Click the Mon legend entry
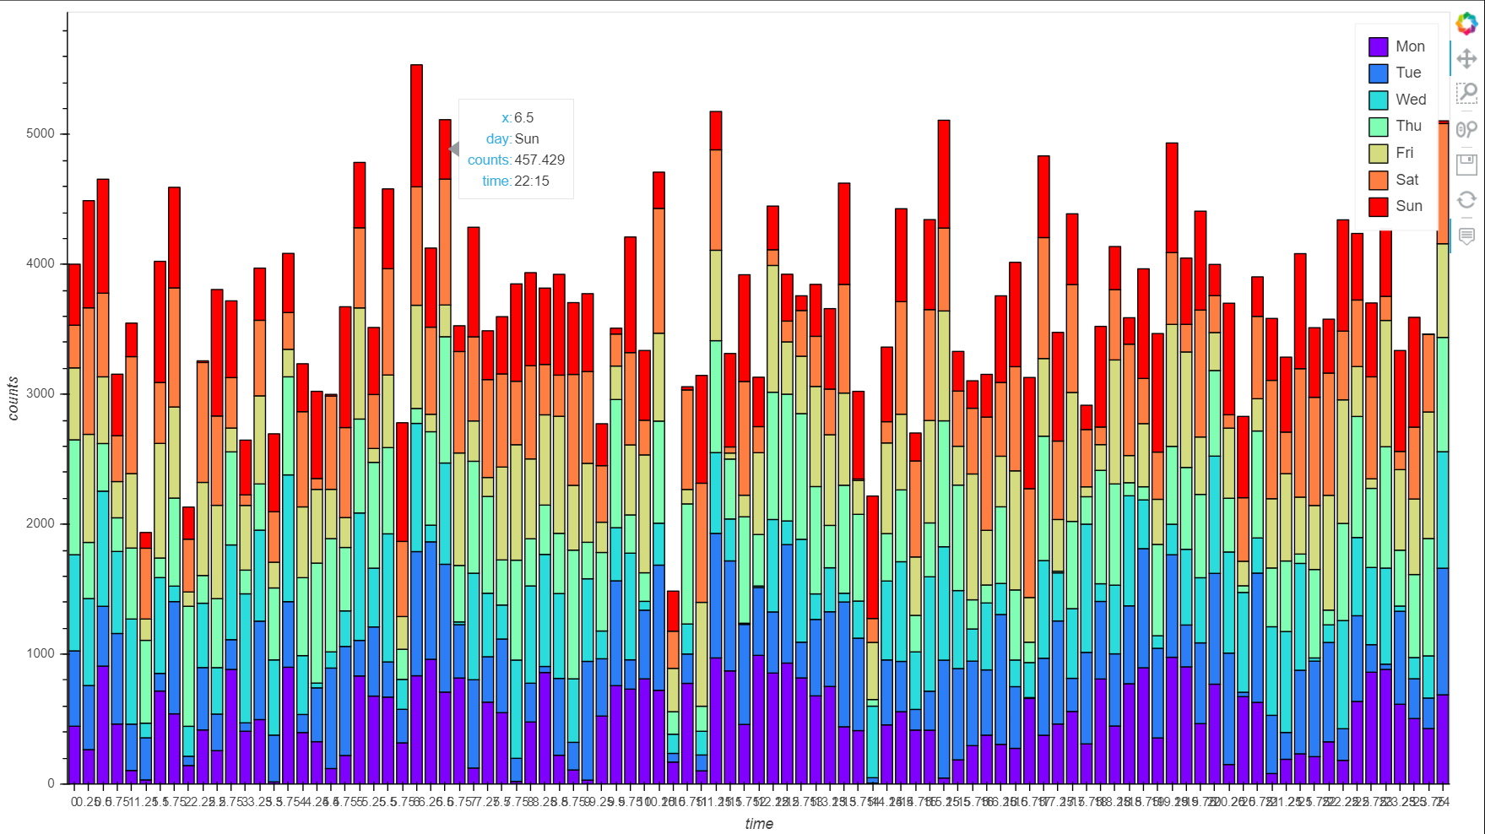click(x=1409, y=46)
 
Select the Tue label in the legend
click(x=1407, y=73)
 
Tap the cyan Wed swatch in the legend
click(x=1378, y=100)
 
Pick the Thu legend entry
click(x=1407, y=126)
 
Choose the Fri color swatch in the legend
click(x=1378, y=153)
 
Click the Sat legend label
click(x=1406, y=179)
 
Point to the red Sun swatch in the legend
click(x=1378, y=206)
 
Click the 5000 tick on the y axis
click(x=41, y=133)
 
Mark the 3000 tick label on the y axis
click(x=41, y=393)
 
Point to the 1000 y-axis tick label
click(x=41, y=653)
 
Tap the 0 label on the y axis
click(x=51, y=783)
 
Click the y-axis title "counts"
click(x=13, y=398)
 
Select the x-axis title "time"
click(x=758, y=824)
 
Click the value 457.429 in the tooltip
click(x=539, y=160)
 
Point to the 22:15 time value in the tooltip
click(x=532, y=181)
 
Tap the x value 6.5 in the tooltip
click(x=523, y=117)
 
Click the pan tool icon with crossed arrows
click(x=1466, y=58)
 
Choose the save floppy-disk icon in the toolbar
click(x=1466, y=163)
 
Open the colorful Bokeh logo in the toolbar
click(x=1466, y=24)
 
